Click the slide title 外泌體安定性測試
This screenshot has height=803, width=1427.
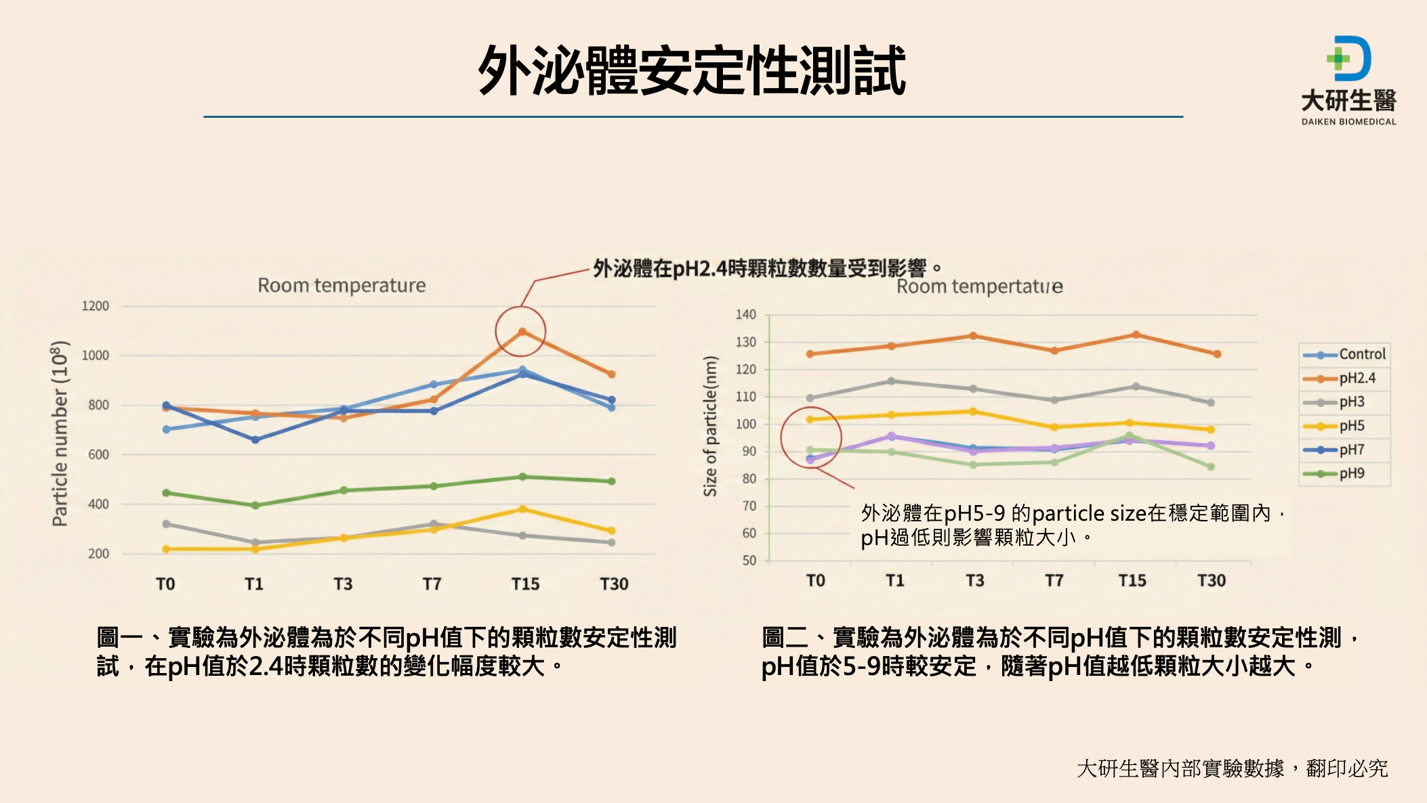click(x=692, y=71)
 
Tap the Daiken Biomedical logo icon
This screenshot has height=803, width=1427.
click(x=1348, y=59)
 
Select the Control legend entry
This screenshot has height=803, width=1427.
click(x=1362, y=354)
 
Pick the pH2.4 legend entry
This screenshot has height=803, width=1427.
click(x=1357, y=378)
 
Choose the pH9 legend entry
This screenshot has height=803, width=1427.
click(x=1352, y=473)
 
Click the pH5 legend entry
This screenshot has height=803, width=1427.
click(x=1352, y=426)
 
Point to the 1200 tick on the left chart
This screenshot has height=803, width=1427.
click(x=96, y=306)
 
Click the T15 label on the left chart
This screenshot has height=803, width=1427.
click(x=525, y=584)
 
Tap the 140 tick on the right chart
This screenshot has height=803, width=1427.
click(x=746, y=315)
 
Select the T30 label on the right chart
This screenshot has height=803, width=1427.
click(x=1212, y=580)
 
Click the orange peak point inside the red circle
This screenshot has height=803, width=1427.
click(x=522, y=332)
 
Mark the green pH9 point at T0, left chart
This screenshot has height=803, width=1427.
click(x=167, y=493)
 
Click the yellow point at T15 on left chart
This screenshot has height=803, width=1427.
click(x=522, y=509)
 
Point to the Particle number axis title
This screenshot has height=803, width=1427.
click(x=60, y=433)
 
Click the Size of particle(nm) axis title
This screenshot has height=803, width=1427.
click(x=709, y=427)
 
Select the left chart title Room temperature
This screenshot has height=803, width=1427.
click(x=342, y=286)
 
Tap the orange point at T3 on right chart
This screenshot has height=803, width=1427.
click(x=973, y=336)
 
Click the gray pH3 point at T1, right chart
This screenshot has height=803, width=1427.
click(x=891, y=381)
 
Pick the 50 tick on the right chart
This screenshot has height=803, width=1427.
click(x=749, y=561)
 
